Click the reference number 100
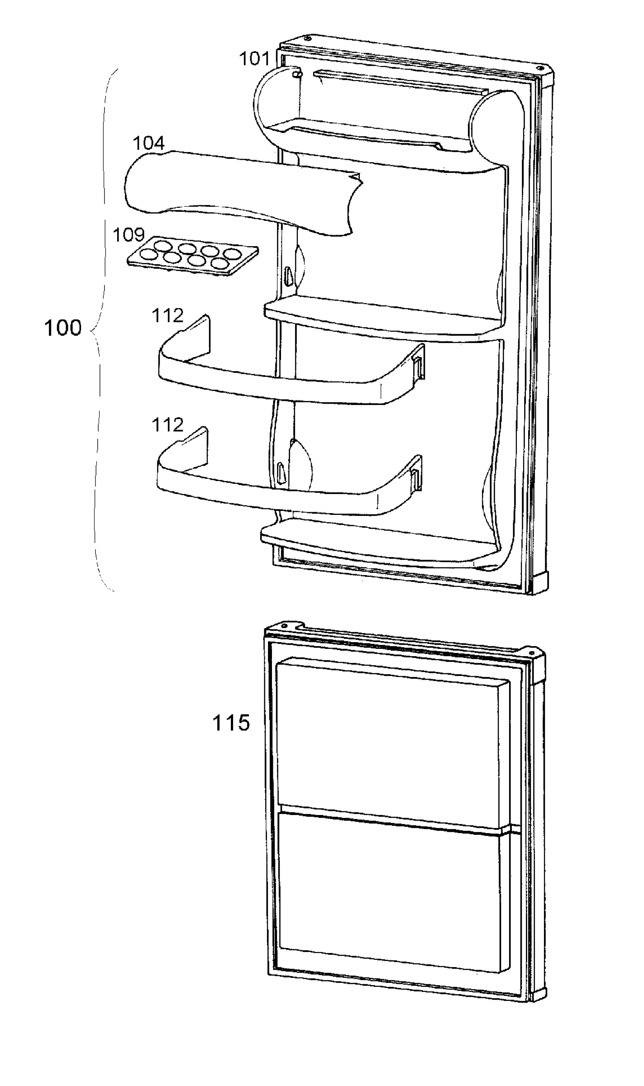pos(63,328)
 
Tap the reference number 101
pos(253,58)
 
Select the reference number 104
pos(148,143)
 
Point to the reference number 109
pos(129,235)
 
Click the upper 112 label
pos(167,315)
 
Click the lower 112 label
pos(167,425)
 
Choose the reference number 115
pos(231,723)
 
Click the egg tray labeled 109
pos(192,259)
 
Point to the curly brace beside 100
pos(100,330)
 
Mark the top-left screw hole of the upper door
pos(307,38)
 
